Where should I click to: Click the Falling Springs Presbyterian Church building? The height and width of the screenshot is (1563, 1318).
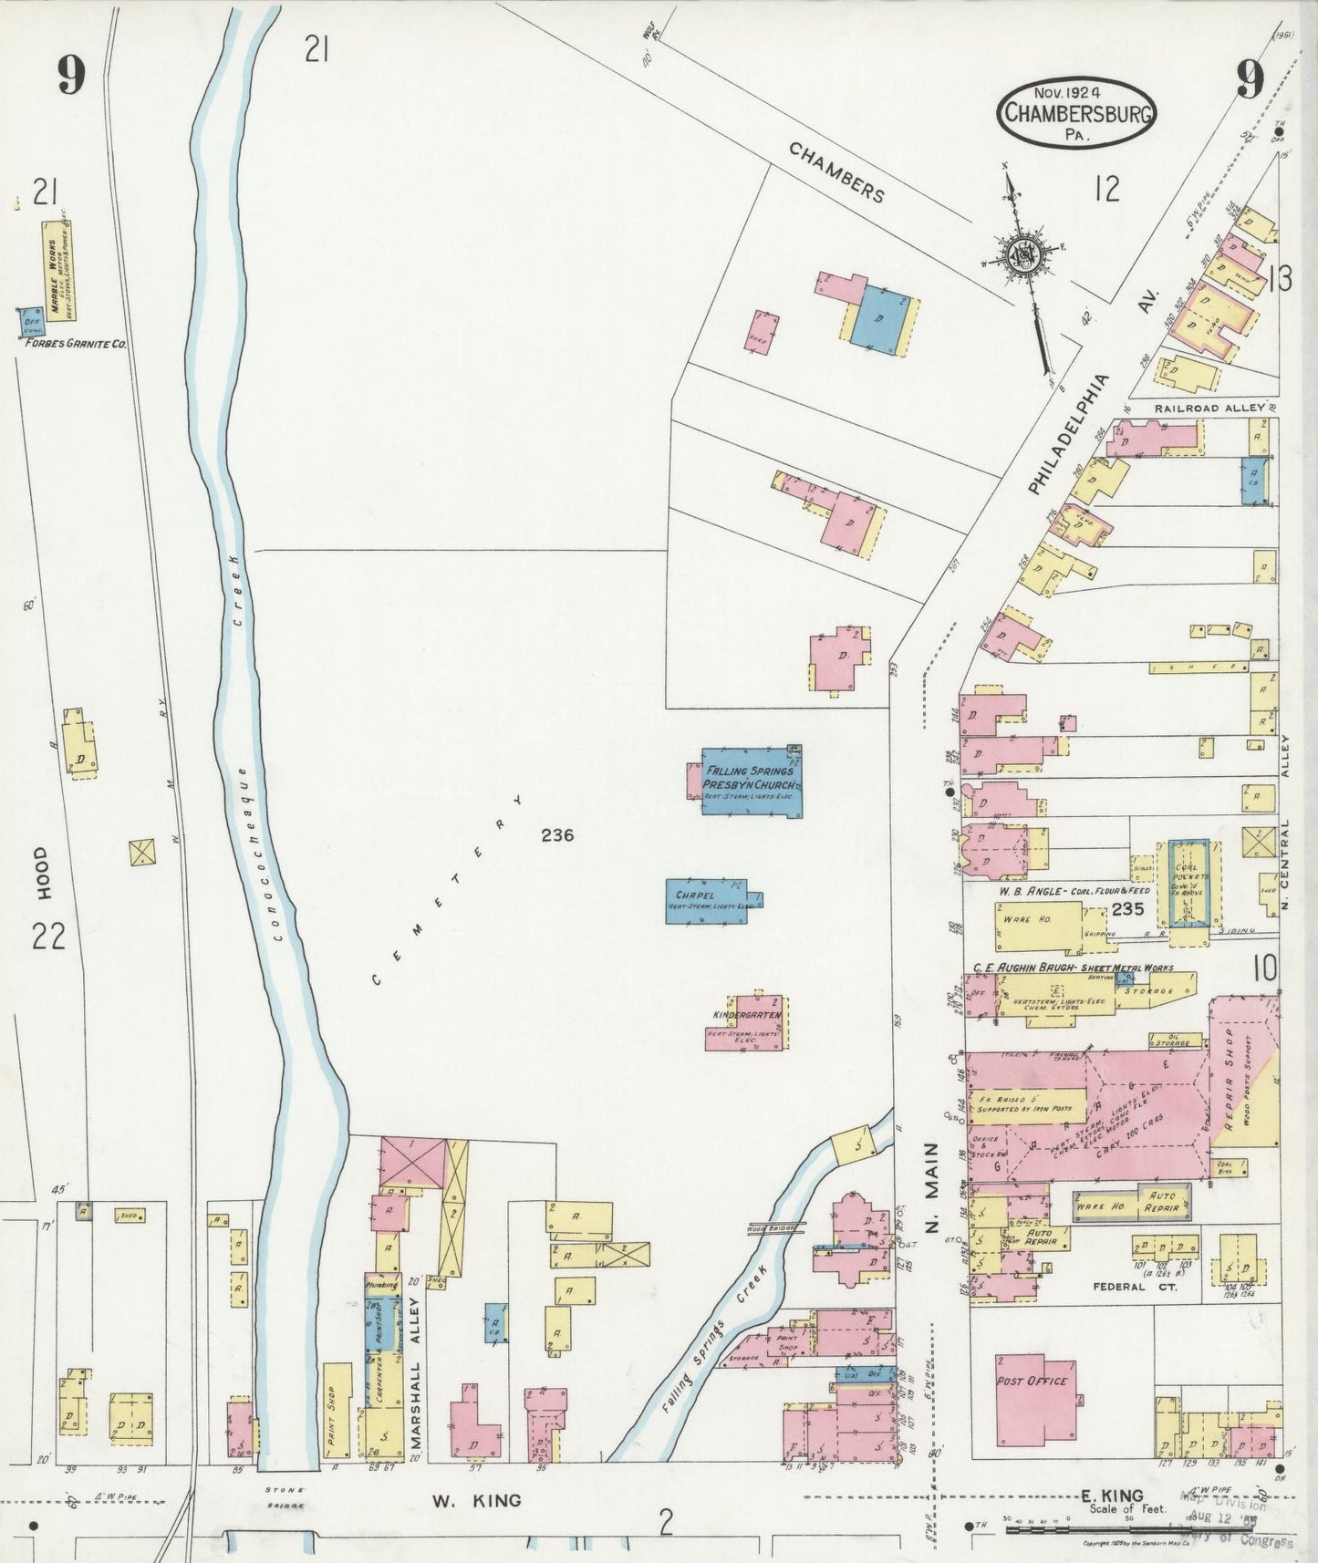[x=751, y=781]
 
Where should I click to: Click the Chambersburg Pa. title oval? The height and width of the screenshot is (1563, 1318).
[x=1076, y=113]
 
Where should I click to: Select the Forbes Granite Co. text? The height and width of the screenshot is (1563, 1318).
[x=75, y=345]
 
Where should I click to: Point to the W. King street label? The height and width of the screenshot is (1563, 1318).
[x=474, y=1499]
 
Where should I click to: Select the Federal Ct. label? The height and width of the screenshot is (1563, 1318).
[x=1135, y=1287]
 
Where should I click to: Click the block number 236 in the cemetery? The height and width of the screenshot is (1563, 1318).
[x=556, y=834]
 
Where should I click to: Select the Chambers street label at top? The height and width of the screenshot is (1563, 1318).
[x=836, y=172]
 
